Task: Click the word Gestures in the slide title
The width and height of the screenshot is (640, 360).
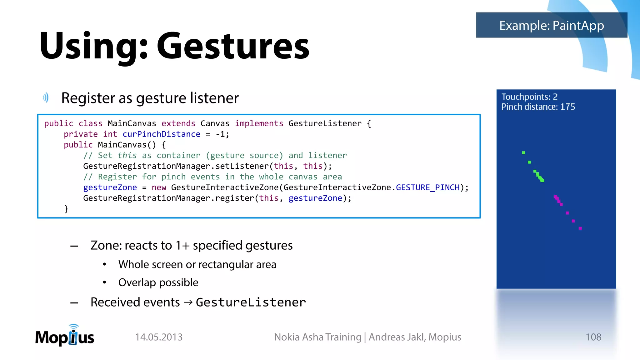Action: pyautogui.click(x=233, y=46)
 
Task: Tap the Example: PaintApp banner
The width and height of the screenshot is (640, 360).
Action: pyautogui.click(x=552, y=25)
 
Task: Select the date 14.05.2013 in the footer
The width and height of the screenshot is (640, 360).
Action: pyautogui.click(x=159, y=337)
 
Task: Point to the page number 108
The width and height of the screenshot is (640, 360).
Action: pyautogui.click(x=593, y=337)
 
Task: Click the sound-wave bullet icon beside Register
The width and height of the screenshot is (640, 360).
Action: pyautogui.click(x=46, y=98)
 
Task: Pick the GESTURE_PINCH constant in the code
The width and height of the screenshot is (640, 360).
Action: pyautogui.click(x=427, y=187)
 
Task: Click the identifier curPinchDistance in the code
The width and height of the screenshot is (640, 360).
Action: pyautogui.click(x=161, y=134)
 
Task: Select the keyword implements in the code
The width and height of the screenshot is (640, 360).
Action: pyautogui.click(x=259, y=124)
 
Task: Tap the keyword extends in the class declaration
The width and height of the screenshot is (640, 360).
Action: pyautogui.click(x=178, y=124)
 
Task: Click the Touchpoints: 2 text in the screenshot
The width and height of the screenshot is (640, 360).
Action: pyautogui.click(x=529, y=97)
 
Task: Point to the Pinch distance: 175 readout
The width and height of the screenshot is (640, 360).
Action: pyautogui.click(x=538, y=107)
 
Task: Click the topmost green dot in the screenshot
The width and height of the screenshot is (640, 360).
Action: pyautogui.click(x=523, y=153)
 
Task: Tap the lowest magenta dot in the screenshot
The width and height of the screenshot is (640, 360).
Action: pyautogui.click(x=580, y=228)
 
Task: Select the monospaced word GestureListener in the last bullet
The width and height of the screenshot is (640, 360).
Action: pyautogui.click(x=251, y=302)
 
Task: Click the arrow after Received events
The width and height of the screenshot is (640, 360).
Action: pyautogui.click(x=188, y=302)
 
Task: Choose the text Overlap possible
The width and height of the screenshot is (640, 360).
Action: pyautogui.click(x=158, y=282)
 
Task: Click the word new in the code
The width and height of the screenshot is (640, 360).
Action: pyautogui.click(x=159, y=187)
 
